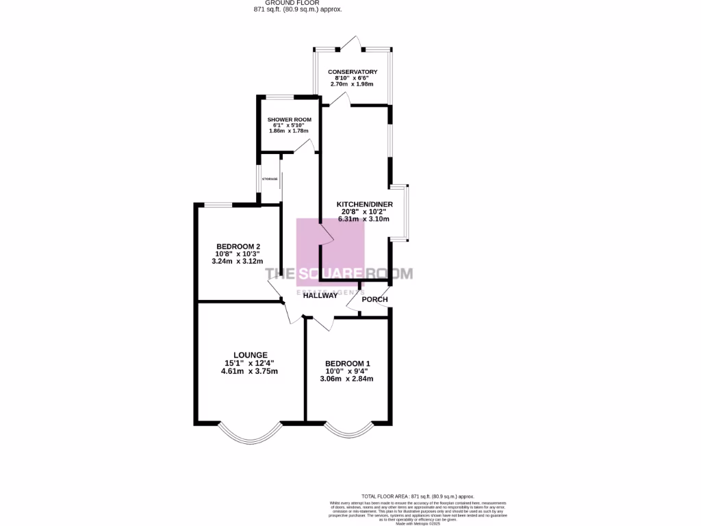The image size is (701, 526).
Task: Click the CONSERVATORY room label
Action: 353,72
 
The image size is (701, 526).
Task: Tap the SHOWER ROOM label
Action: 289,119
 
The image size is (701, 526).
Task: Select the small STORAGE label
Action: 270,179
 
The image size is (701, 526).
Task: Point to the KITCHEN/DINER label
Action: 364,204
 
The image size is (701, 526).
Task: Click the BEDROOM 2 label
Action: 238,247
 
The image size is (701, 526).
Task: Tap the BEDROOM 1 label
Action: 347,364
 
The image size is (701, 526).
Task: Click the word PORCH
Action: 374,299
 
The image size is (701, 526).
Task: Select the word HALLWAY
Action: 320,296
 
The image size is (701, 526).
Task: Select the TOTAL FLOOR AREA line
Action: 417,496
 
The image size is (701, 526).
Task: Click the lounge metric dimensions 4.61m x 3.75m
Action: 249,371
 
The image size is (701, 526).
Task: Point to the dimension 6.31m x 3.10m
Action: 364,220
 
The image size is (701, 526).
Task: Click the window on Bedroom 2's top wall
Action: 218,205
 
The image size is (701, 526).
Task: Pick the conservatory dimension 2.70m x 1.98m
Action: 353,84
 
